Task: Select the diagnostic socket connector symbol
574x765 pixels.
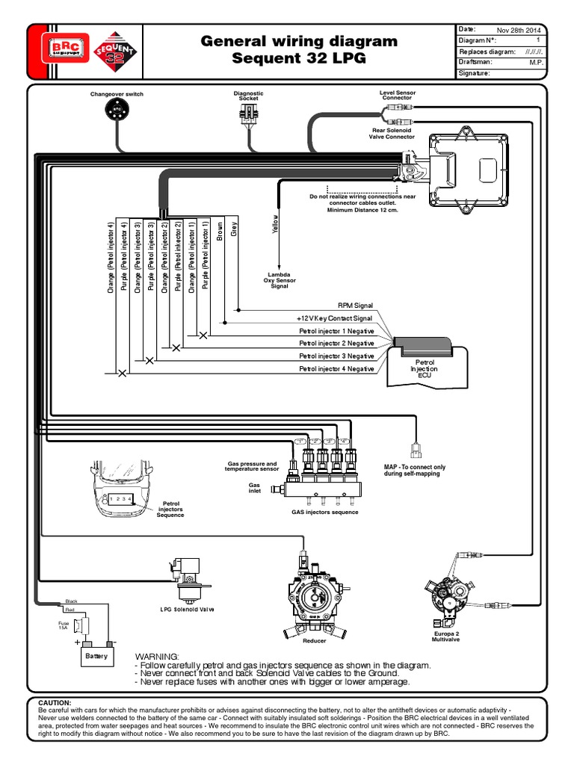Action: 248,114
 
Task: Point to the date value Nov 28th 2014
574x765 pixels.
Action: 522,29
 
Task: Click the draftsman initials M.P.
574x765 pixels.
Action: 535,63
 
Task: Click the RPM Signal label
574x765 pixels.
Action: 355,306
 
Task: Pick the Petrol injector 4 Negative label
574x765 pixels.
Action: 336,369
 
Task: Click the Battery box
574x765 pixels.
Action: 96,656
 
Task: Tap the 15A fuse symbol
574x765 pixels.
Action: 84,625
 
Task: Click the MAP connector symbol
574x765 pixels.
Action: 416,449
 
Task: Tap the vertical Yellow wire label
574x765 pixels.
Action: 275,225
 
